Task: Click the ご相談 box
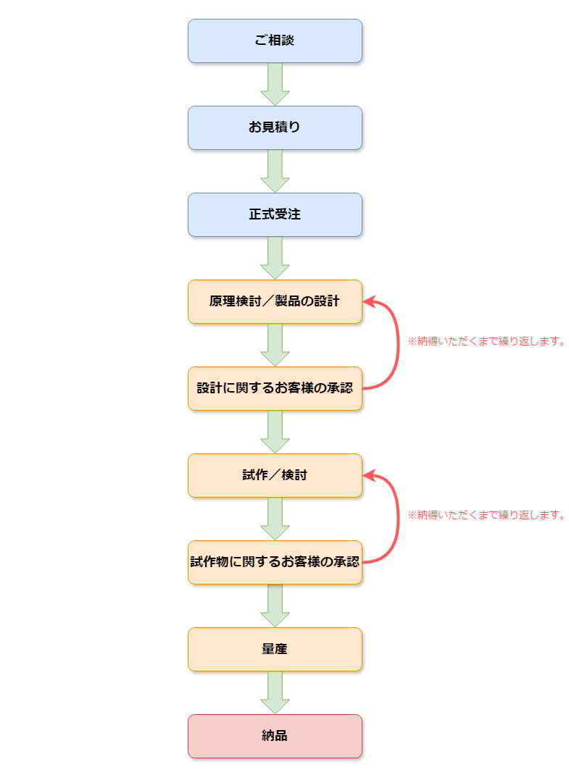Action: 275,41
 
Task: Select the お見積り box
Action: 275,127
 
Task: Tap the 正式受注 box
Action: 275,214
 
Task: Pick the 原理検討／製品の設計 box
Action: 275,301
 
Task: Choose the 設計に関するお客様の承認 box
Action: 275,388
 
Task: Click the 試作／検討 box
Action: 275,475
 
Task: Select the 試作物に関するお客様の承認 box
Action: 275,562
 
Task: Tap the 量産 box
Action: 275,649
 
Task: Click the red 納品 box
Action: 275,736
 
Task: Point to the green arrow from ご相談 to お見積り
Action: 275,84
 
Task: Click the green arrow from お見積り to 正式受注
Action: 275,171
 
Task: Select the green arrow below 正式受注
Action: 275,258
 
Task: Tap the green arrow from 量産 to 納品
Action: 275,692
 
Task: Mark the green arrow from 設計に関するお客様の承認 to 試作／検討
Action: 275,432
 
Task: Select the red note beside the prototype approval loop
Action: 485,516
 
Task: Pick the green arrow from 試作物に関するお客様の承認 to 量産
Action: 275,606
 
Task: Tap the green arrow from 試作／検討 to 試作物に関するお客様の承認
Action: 275,519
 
